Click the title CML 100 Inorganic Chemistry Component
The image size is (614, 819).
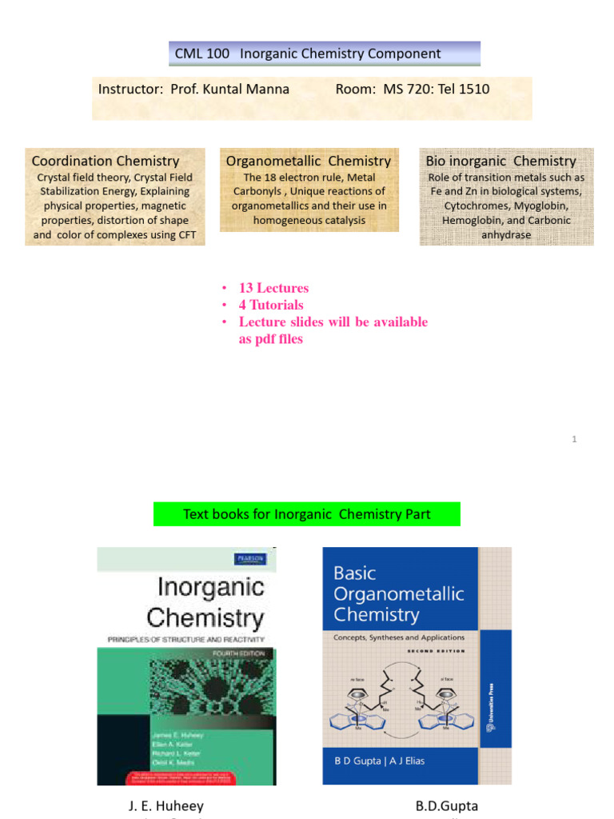[x=308, y=54]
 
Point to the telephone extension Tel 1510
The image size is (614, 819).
[x=466, y=89]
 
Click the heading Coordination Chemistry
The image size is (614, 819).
[x=106, y=161]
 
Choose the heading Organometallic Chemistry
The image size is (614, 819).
[x=309, y=161]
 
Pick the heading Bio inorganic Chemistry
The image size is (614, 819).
[x=501, y=161]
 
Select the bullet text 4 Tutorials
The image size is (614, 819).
[x=271, y=305]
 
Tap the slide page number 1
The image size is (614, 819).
[x=574, y=439]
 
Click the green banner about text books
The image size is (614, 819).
[x=307, y=513]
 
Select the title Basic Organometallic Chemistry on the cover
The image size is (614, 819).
[x=398, y=593]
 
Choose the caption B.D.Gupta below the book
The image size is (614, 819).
[x=446, y=805]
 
